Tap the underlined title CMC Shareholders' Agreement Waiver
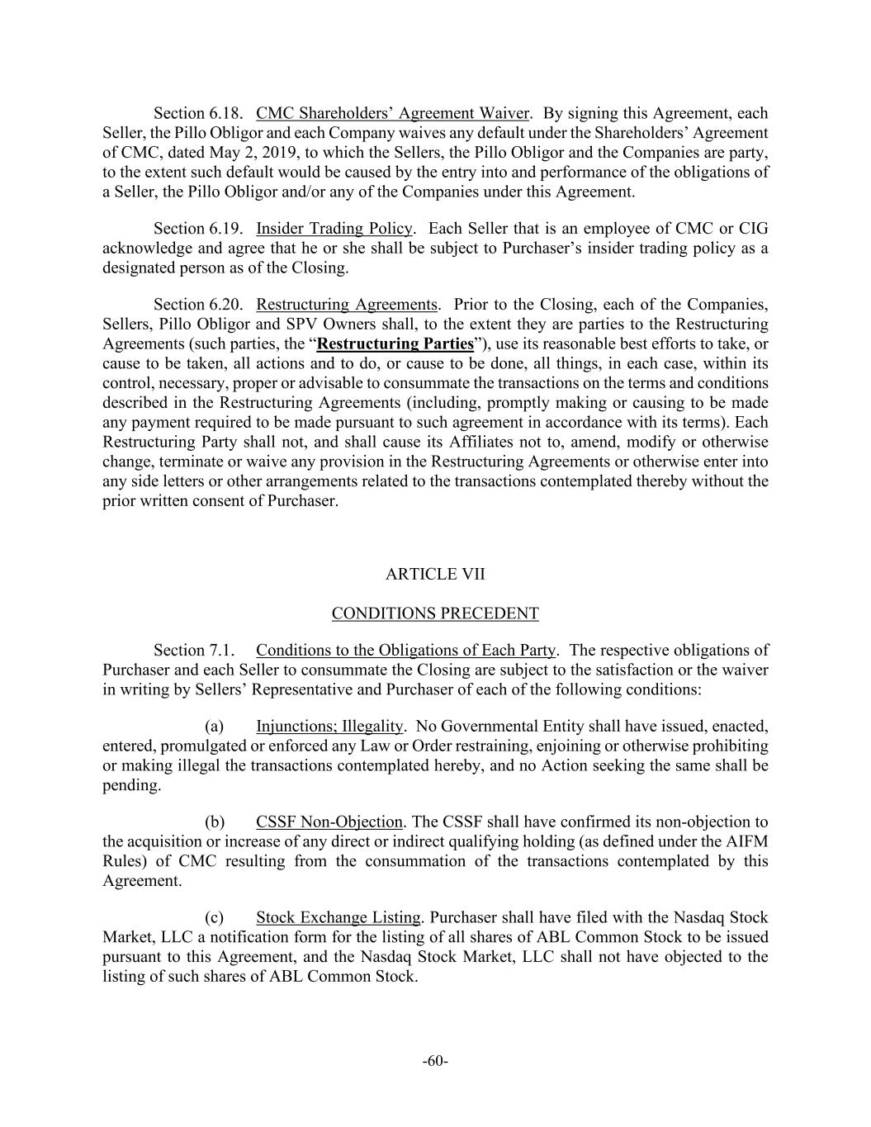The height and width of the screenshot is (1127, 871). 392,113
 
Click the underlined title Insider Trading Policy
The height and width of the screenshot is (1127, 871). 334,228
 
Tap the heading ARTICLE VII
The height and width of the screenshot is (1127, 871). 434,574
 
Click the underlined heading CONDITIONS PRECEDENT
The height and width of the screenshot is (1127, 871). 435,613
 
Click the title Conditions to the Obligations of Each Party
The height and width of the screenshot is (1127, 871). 405,651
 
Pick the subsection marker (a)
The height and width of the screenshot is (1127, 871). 215,727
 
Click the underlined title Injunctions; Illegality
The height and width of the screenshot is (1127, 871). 329,727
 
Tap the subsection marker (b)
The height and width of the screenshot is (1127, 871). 215,822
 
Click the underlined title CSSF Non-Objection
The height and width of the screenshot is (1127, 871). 329,822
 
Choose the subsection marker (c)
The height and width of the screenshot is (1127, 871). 215,918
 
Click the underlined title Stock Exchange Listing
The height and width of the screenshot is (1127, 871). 338,918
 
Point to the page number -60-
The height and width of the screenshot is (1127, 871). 435,1061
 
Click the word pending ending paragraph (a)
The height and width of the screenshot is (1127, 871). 130,785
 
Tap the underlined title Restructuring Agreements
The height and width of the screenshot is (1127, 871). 347,304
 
